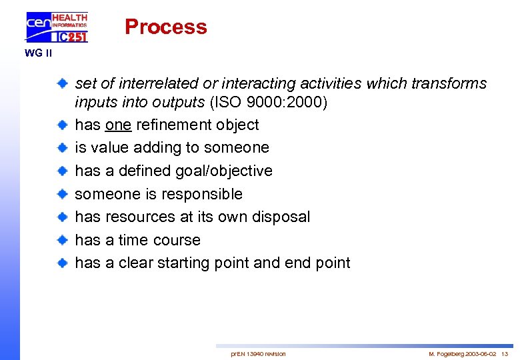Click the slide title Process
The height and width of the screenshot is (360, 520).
point(165,27)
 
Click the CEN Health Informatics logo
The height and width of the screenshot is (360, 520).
point(57,27)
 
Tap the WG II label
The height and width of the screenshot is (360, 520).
point(38,53)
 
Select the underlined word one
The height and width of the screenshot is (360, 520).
point(118,125)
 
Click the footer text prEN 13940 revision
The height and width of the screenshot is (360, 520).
point(258,353)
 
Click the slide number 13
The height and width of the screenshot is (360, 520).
point(505,353)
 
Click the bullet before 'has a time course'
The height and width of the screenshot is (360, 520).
point(61,240)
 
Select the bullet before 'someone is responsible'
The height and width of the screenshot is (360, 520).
point(61,194)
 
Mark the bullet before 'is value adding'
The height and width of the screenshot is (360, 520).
point(61,147)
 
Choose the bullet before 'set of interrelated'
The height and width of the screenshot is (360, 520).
point(61,84)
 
